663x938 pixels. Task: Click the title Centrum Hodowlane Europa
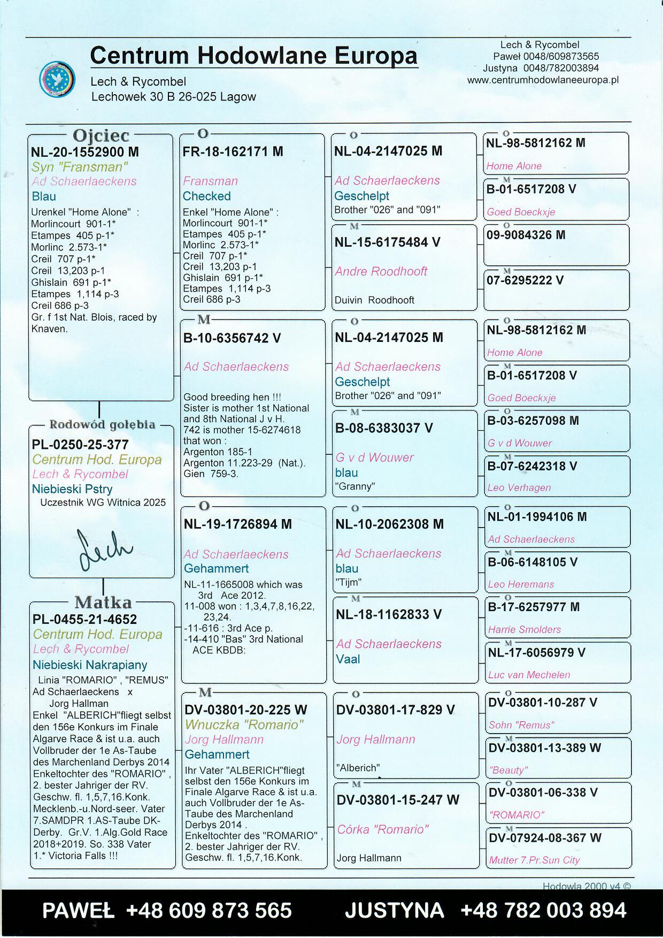[253, 56]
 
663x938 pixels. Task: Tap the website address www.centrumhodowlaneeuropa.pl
[542, 80]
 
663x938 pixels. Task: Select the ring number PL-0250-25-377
[80, 445]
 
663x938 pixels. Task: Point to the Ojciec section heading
[101, 135]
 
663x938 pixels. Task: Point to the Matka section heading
[103, 603]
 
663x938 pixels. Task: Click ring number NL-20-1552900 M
[84, 152]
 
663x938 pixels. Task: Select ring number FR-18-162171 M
[233, 152]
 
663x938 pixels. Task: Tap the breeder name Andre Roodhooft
[381, 272]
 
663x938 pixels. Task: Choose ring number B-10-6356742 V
[232, 338]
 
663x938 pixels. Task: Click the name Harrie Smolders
[524, 630]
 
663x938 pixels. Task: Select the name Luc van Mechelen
[529, 675]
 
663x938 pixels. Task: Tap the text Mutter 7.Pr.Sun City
[534, 860]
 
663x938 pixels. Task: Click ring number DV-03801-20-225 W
[245, 710]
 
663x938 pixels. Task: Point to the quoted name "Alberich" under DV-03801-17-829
[358, 768]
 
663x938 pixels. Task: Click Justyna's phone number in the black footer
[543, 910]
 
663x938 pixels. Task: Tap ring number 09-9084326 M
[526, 235]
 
